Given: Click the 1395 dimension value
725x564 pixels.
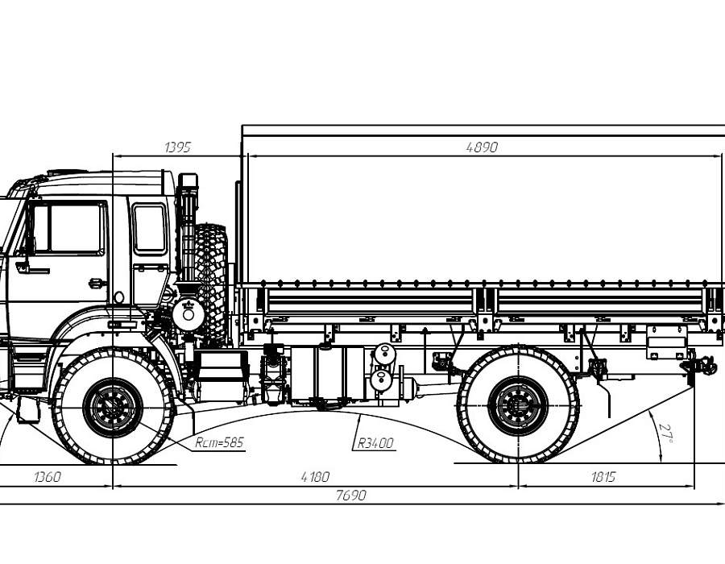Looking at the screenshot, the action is pos(177,147).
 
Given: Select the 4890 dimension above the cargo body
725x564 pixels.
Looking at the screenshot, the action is pos(482,147).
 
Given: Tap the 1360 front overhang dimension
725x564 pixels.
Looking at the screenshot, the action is pos(48,477).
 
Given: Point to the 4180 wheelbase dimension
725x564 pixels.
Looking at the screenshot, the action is pos(315,477).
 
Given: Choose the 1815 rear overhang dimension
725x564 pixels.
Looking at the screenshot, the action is pos(603,477).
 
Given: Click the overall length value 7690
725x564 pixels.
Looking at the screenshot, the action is pos(351,496).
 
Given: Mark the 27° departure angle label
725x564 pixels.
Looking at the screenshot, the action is pos(667,433).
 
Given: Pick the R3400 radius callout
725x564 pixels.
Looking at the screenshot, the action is pos(375,443).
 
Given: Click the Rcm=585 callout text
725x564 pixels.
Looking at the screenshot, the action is pos(219,442).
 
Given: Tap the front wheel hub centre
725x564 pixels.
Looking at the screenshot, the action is pos(112,408).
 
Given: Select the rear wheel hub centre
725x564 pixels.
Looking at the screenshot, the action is pos(518,406).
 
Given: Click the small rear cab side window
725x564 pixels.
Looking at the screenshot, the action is pos(149,228).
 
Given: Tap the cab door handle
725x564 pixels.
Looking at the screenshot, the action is pos(97,283).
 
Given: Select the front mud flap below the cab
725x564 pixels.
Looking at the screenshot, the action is pos(28,409).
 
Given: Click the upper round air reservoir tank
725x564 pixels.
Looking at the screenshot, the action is pos(385,354).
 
